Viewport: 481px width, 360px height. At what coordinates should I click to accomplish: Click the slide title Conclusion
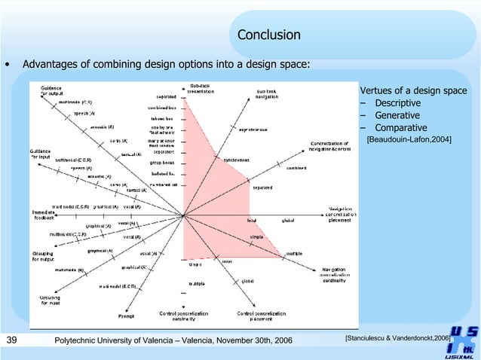pyautogui.click(x=268, y=35)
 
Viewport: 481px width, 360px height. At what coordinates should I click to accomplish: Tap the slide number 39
pyautogui.click(x=11, y=342)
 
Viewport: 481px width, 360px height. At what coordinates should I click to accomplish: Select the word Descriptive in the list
pyautogui.click(x=398, y=103)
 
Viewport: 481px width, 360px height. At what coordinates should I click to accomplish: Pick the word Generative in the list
pyautogui.click(x=397, y=115)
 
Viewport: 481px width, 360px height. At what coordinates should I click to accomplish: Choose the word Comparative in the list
pyautogui.click(x=400, y=127)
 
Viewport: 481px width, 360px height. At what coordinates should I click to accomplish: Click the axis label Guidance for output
pyautogui.click(x=51, y=91)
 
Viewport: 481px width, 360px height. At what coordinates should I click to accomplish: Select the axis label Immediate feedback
pyautogui.click(x=42, y=215)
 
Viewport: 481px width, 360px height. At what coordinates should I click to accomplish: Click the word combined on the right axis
pyautogui.click(x=296, y=168)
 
